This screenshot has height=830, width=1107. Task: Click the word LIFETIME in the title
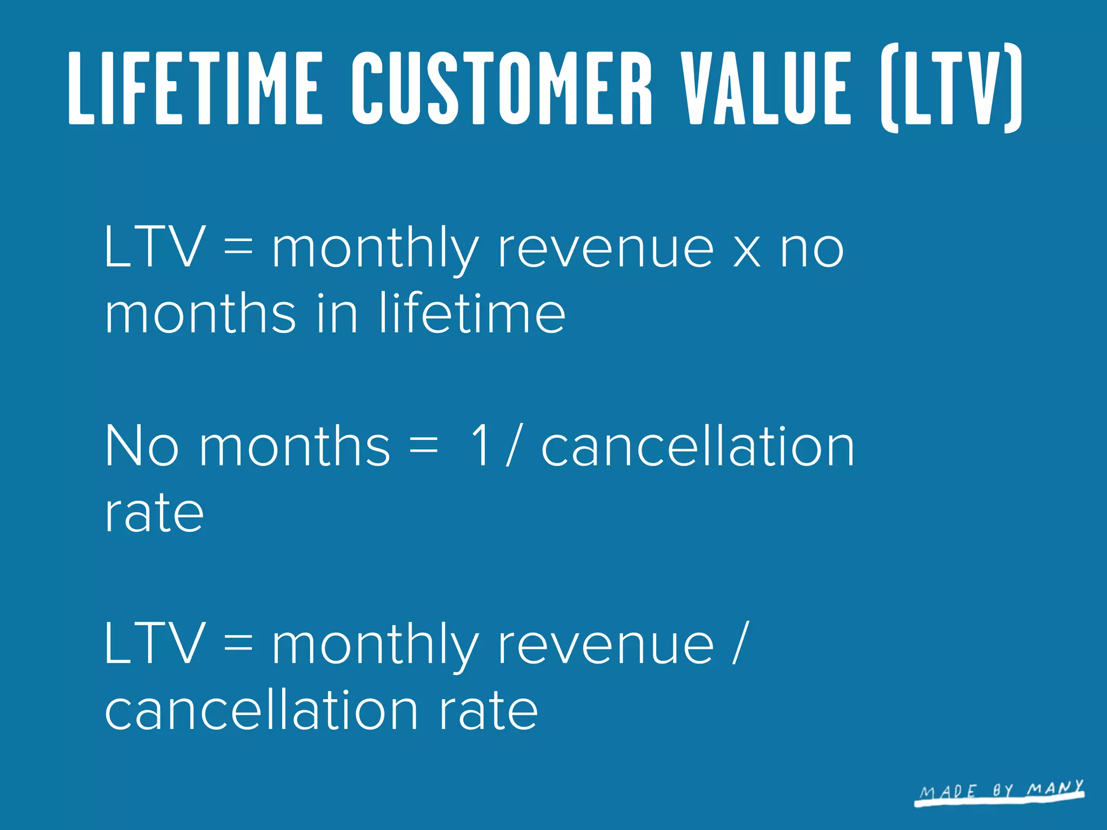196,88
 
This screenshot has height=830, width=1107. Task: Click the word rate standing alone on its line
155,513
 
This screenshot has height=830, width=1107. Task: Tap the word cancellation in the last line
262,710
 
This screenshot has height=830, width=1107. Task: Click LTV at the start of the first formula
155,247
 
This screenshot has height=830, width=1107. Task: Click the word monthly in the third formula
375,646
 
